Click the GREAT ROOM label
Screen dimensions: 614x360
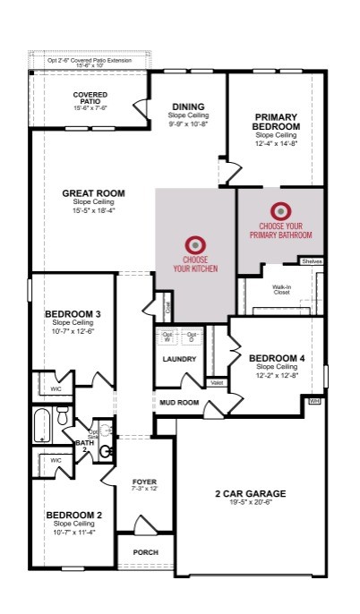pos(93,193)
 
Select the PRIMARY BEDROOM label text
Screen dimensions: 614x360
pos(276,122)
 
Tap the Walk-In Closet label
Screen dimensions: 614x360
pos(282,290)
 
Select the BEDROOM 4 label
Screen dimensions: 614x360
pos(276,358)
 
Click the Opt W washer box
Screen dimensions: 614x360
pos(167,338)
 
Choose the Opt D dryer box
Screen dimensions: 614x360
pos(192,338)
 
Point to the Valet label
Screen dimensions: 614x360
pos(216,382)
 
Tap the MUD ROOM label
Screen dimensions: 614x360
pos(179,403)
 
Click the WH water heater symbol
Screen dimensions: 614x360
pos(314,402)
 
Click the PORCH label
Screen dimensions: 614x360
pos(145,552)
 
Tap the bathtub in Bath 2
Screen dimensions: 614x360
pos(42,425)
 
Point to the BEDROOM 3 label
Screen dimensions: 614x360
pos(73,314)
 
